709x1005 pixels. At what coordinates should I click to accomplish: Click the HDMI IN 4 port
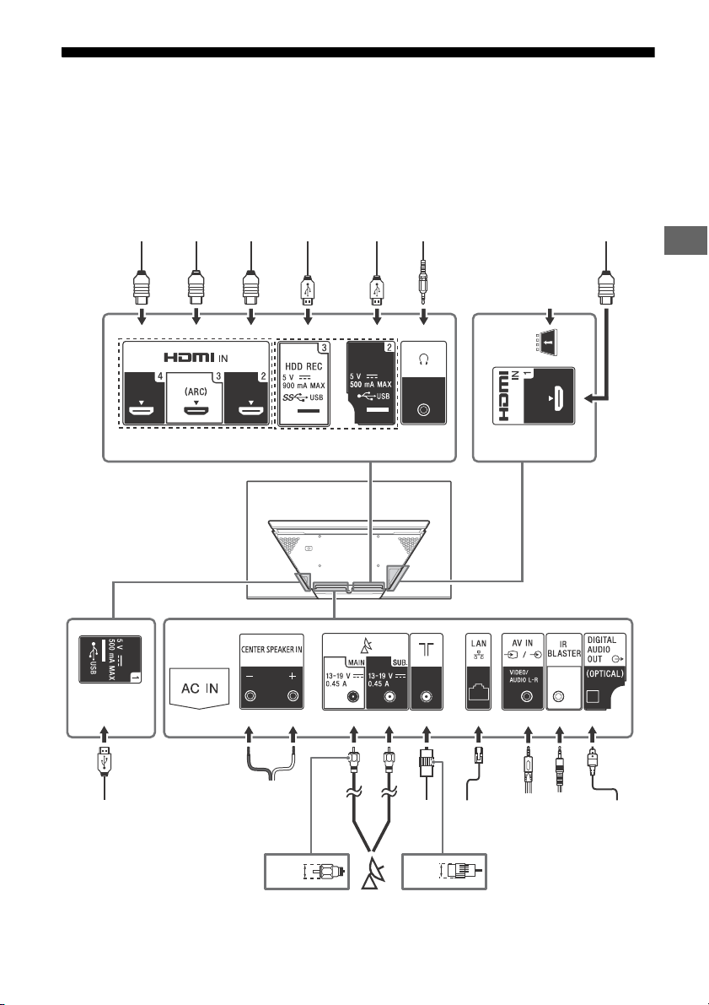(x=141, y=409)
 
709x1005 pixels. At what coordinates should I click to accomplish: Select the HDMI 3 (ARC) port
(x=196, y=409)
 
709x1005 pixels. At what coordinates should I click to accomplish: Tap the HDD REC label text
(x=303, y=366)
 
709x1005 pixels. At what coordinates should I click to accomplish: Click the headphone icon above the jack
(x=423, y=359)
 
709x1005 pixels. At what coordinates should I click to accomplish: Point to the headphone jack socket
(x=423, y=409)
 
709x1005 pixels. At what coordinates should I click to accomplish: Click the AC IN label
(x=199, y=689)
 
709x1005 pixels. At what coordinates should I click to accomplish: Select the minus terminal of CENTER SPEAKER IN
(x=250, y=695)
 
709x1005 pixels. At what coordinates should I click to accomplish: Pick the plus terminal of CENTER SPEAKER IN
(x=293, y=695)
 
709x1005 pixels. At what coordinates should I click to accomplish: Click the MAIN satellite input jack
(x=352, y=697)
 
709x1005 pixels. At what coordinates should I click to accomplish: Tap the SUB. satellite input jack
(x=388, y=697)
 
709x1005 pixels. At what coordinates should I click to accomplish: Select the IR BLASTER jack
(x=559, y=696)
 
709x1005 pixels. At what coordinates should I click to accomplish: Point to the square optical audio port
(x=593, y=696)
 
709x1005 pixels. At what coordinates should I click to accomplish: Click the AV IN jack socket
(x=527, y=696)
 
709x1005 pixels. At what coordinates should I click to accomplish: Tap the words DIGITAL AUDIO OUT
(x=602, y=649)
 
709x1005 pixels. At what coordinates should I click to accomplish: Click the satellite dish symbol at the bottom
(x=371, y=873)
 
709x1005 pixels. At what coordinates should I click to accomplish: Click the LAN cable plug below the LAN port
(x=478, y=755)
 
